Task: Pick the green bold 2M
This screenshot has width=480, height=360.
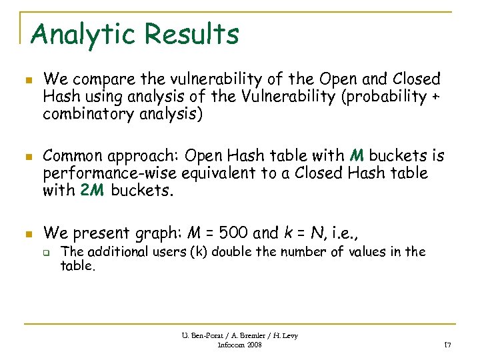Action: click(x=92, y=191)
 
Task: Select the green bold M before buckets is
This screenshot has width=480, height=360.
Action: click(x=357, y=156)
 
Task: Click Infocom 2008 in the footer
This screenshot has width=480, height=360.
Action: click(x=240, y=345)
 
